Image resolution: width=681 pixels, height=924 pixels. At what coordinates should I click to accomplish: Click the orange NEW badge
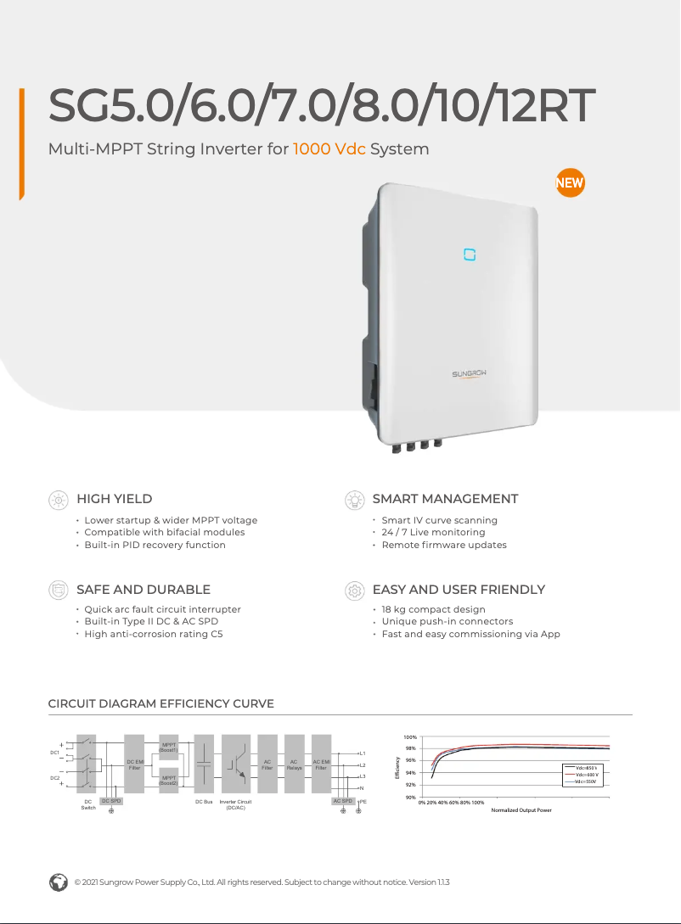569,183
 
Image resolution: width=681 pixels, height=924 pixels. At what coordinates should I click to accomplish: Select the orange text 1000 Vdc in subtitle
329,149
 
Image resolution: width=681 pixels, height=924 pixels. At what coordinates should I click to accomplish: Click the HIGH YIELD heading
115,499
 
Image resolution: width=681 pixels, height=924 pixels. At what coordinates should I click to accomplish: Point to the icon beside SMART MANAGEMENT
353,500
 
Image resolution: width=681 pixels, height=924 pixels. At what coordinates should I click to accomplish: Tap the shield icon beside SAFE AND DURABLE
58,590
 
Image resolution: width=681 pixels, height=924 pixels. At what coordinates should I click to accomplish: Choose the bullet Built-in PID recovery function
155,545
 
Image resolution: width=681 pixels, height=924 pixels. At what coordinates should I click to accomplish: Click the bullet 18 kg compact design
433,609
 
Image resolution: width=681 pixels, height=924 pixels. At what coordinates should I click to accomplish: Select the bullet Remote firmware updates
443,545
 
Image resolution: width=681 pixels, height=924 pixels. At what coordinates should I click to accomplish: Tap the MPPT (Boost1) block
168,748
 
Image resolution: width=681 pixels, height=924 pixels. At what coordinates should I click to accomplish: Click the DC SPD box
111,801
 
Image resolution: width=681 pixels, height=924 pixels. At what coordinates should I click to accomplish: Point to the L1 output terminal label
363,753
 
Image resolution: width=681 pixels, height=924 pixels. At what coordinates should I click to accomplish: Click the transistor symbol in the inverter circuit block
240,762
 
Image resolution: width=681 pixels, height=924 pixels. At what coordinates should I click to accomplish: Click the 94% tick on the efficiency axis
410,773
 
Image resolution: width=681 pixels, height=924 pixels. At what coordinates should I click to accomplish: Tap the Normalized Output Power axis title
521,810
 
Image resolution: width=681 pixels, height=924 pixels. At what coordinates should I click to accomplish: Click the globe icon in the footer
59,882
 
